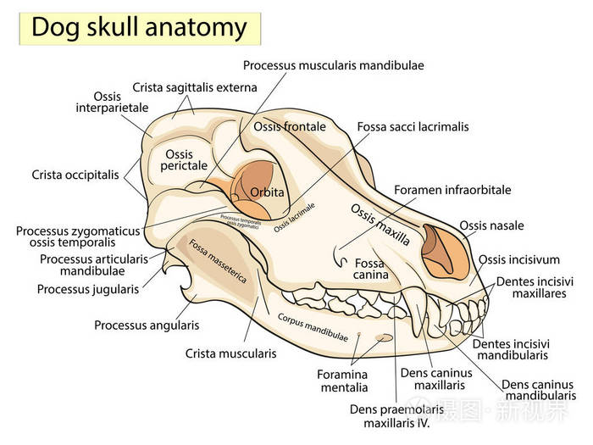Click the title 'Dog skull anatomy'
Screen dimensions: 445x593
[139, 28]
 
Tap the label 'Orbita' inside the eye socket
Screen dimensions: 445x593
[268, 192]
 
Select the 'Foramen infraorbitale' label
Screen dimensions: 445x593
[452, 190]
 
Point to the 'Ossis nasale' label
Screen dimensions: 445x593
[491, 225]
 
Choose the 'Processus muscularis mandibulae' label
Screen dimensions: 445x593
[333, 64]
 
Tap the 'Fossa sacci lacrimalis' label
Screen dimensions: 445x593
[413, 127]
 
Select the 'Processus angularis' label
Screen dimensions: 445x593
[147, 325]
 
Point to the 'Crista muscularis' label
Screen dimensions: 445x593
[230, 353]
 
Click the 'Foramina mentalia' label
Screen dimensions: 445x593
[342, 381]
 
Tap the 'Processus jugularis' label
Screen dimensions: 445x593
[88, 289]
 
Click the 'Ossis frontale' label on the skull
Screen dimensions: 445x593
[290, 126]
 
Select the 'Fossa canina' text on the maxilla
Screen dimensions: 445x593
[370, 269]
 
